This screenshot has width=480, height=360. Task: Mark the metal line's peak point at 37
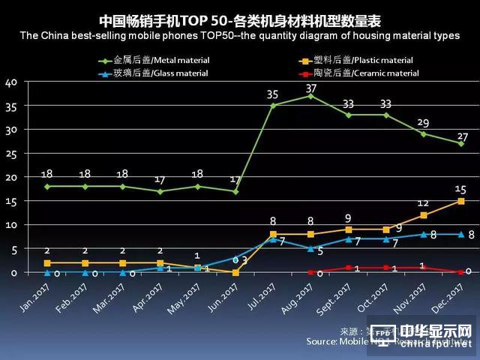(310, 96)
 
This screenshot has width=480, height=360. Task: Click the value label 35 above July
(272, 94)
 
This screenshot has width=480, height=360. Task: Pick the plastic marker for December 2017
(460, 201)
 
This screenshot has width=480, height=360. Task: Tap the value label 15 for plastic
(460, 190)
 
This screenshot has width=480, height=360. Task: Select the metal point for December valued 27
(460, 143)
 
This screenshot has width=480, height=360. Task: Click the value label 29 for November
(423, 122)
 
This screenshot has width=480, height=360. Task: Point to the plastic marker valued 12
(423, 215)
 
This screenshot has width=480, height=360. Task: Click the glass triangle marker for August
(310, 248)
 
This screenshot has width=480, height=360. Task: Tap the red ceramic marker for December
(460, 272)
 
